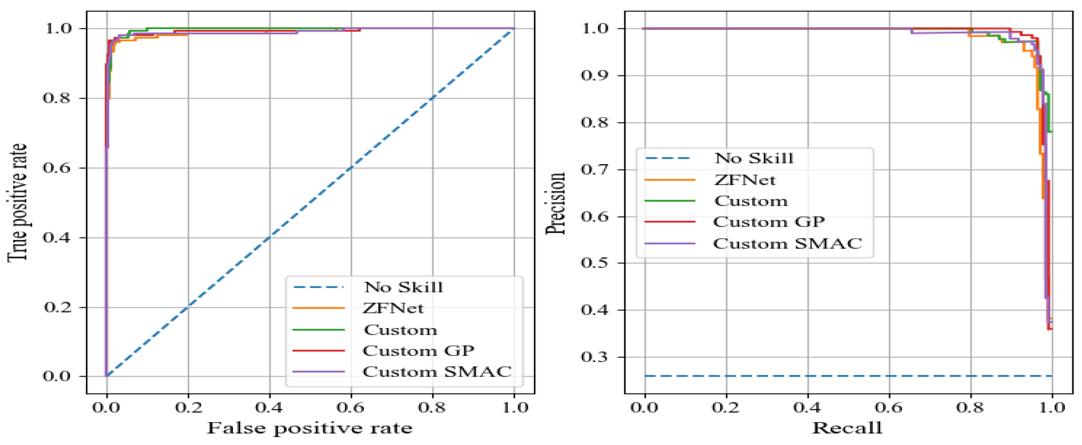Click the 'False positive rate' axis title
309,428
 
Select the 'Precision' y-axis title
555,203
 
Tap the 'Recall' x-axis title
847,428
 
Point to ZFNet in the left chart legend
393,308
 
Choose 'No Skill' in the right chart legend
754,158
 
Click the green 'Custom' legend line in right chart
670,201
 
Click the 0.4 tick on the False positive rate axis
269,407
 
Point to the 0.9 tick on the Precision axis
594,76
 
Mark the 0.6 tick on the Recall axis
889,407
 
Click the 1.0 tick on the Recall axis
1051,407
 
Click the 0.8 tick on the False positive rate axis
432,407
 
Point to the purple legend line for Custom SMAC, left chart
318,371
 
